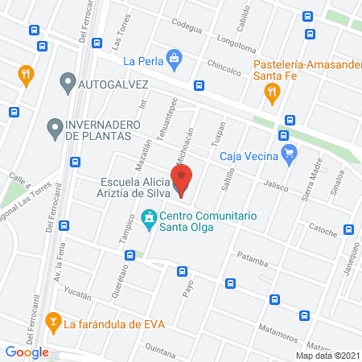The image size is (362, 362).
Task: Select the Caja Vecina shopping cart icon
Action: coord(290,153)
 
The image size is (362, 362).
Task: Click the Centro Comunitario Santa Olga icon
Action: coord(148,217)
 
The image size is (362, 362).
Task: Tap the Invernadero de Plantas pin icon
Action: coord(54,126)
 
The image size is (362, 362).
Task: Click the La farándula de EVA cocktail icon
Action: coord(53,323)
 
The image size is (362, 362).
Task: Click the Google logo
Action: coord(27,352)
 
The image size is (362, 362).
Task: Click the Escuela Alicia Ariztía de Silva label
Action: coord(134,187)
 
